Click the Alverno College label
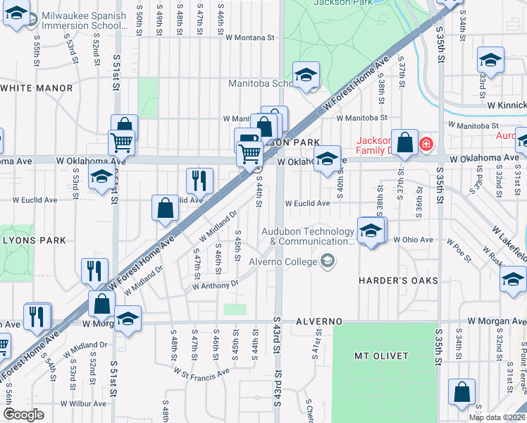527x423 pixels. click(283, 262)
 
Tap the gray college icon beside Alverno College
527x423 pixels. click(327, 262)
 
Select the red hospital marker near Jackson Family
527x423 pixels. click(426, 145)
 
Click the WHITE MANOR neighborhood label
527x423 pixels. click(37, 88)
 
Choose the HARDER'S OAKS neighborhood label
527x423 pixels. click(398, 281)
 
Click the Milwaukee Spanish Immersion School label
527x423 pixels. click(84, 20)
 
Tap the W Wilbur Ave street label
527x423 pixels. click(82, 404)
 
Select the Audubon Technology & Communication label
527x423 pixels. click(308, 236)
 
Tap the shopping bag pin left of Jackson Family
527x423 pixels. click(405, 143)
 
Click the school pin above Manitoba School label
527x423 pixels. click(306, 74)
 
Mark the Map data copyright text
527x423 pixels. click(496, 417)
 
